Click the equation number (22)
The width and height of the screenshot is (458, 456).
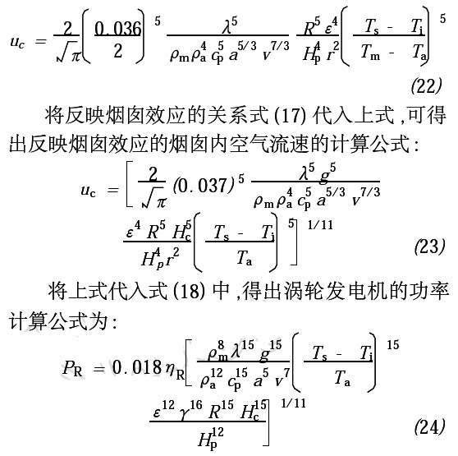coord(426,86)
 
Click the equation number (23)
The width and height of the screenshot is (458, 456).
coord(429,246)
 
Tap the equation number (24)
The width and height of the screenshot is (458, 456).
coord(429,426)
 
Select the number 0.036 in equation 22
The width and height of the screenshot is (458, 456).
coord(117,30)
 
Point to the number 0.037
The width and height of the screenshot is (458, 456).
coord(202,186)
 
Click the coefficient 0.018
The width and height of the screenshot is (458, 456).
coord(137,367)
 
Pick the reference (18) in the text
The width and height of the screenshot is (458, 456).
coord(190,291)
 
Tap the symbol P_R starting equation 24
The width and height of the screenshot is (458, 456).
coord(72,368)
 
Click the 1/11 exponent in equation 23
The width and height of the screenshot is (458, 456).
coord(320,225)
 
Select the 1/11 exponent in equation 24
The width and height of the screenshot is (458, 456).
coord(293,403)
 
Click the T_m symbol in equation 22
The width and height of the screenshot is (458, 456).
coord(370,53)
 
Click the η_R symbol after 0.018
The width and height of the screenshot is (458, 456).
coord(174,370)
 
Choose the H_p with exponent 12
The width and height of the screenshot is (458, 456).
coord(210,439)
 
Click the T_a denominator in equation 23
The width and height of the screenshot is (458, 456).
coord(244,258)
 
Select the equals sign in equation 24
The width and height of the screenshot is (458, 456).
coord(98,368)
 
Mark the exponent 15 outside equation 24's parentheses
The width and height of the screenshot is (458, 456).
coord(393,345)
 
